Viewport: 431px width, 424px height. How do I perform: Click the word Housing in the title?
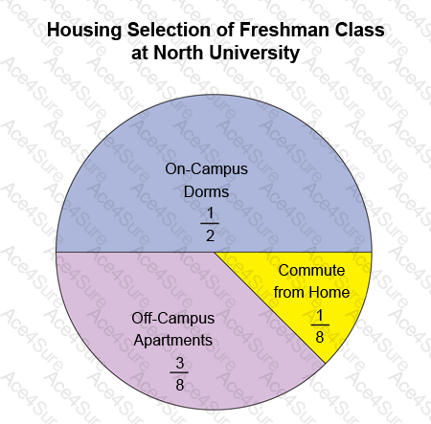pyautogui.click(x=84, y=31)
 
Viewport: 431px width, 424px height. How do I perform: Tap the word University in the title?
pyautogui.click(x=254, y=53)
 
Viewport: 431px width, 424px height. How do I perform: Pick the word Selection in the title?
pyautogui.click(x=169, y=30)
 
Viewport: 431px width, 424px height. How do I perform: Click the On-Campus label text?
pyautogui.click(x=206, y=169)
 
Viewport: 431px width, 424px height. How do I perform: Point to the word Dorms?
pyautogui.click(x=206, y=192)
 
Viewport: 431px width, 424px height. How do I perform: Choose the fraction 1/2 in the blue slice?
pyautogui.click(x=210, y=224)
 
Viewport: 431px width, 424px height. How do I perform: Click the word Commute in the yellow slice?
pyautogui.click(x=311, y=271)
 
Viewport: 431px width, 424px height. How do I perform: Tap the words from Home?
pyautogui.click(x=311, y=293)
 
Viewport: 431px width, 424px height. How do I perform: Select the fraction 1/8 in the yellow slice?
pyautogui.click(x=320, y=326)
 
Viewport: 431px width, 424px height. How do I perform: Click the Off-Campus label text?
pyautogui.click(x=173, y=319)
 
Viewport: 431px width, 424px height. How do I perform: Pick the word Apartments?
pyautogui.click(x=173, y=341)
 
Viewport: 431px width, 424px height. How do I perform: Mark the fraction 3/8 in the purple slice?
pyautogui.click(x=179, y=374)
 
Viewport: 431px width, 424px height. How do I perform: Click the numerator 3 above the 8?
pyautogui.click(x=180, y=363)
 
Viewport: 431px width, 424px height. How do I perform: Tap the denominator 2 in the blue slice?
pyautogui.click(x=210, y=235)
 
